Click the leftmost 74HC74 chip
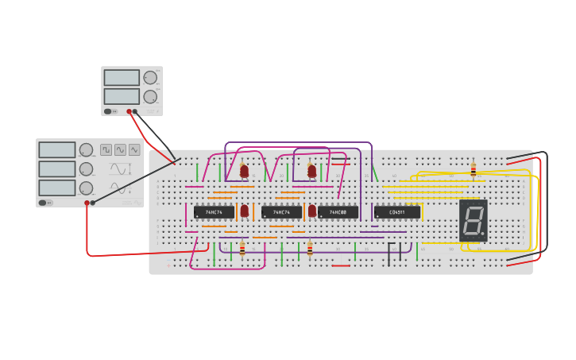pos(214,212)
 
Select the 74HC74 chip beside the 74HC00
pos(281,212)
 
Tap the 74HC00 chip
pos(338,212)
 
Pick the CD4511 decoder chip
pos(397,212)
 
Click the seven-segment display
pos(474,220)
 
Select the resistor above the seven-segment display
pos(474,170)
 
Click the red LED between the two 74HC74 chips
pos(245,211)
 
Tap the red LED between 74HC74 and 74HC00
pos(312,211)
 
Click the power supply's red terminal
pos(129,111)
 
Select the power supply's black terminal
pos(135,111)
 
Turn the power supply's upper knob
pos(150,78)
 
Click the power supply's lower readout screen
pos(122,96)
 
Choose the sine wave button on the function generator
pos(120,149)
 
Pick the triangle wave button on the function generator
pos(134,149)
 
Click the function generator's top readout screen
pos(57,150)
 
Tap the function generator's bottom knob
pos(86,188)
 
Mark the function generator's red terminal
pos(87,203)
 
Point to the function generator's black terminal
pos(93,203)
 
